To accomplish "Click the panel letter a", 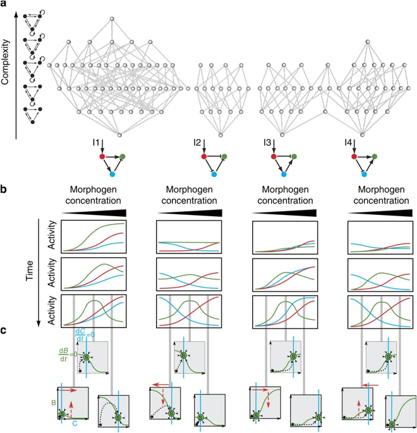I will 5,5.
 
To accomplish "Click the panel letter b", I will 5,189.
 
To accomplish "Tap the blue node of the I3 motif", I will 284,174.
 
